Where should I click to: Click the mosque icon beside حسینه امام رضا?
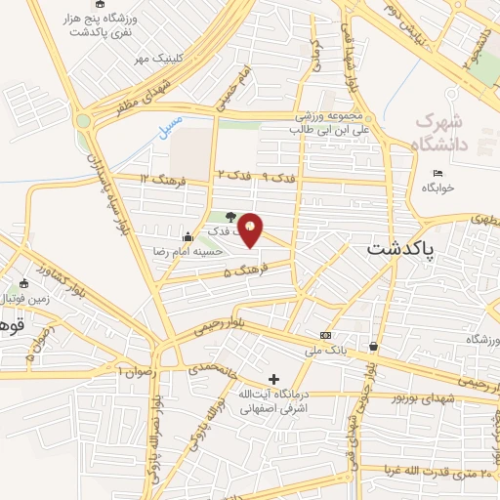[x=187, y=236]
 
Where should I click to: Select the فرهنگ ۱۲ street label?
[x=159, y=178]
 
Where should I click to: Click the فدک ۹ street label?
[x=280, y=176]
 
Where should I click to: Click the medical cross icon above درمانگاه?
[x=273, y=378]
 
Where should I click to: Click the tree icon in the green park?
[x=229, y=217]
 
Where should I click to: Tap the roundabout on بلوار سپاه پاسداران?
[x=83, y=121]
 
